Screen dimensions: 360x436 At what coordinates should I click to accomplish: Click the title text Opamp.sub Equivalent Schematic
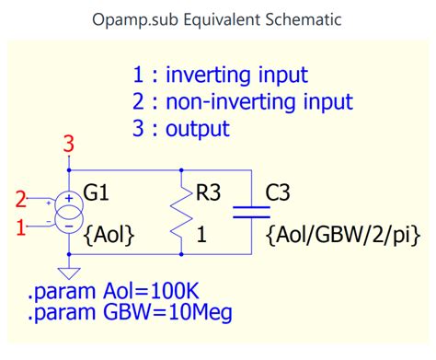pos(218,19)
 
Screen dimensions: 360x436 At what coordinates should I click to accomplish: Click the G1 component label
pos(97,193)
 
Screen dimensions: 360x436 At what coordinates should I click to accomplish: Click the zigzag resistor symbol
pos(184,212)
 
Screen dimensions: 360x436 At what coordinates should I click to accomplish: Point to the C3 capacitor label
pos(280,193)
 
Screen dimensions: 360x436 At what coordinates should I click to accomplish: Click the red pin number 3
pos(67,144)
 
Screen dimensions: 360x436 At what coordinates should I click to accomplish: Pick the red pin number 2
pos(21,199)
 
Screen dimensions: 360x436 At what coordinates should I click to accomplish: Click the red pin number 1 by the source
pos(21,226)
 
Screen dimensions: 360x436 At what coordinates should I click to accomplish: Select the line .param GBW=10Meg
pos(130,314)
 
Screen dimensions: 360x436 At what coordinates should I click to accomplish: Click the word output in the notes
pos(197,128)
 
